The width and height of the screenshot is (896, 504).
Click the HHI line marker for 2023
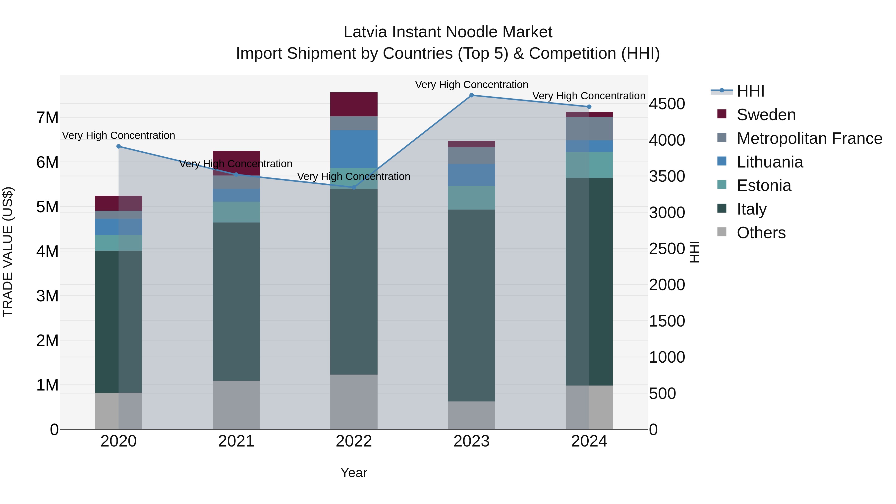tap(471, 95)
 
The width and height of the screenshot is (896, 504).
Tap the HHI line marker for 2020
tap(119, 146)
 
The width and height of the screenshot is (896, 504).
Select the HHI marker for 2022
tap(354, 187)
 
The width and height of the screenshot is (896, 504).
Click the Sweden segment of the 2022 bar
tap(354, 104)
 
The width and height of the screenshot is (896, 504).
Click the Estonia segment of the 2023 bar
tap(471, 198)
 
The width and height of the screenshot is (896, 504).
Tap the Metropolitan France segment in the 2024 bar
tap(589, 129)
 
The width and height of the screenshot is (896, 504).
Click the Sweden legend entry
tap(766, 115)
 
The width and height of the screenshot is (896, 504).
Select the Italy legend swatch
tap(722, 209)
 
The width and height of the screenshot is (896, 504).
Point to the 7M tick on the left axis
tap(48, 117)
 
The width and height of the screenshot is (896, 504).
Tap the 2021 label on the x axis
tap(236, 441)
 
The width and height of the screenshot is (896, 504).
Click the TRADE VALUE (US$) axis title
tap(8, 252)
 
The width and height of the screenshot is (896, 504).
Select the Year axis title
tap(354, 473)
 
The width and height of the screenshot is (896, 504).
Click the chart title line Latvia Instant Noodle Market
tap(448, 32)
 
